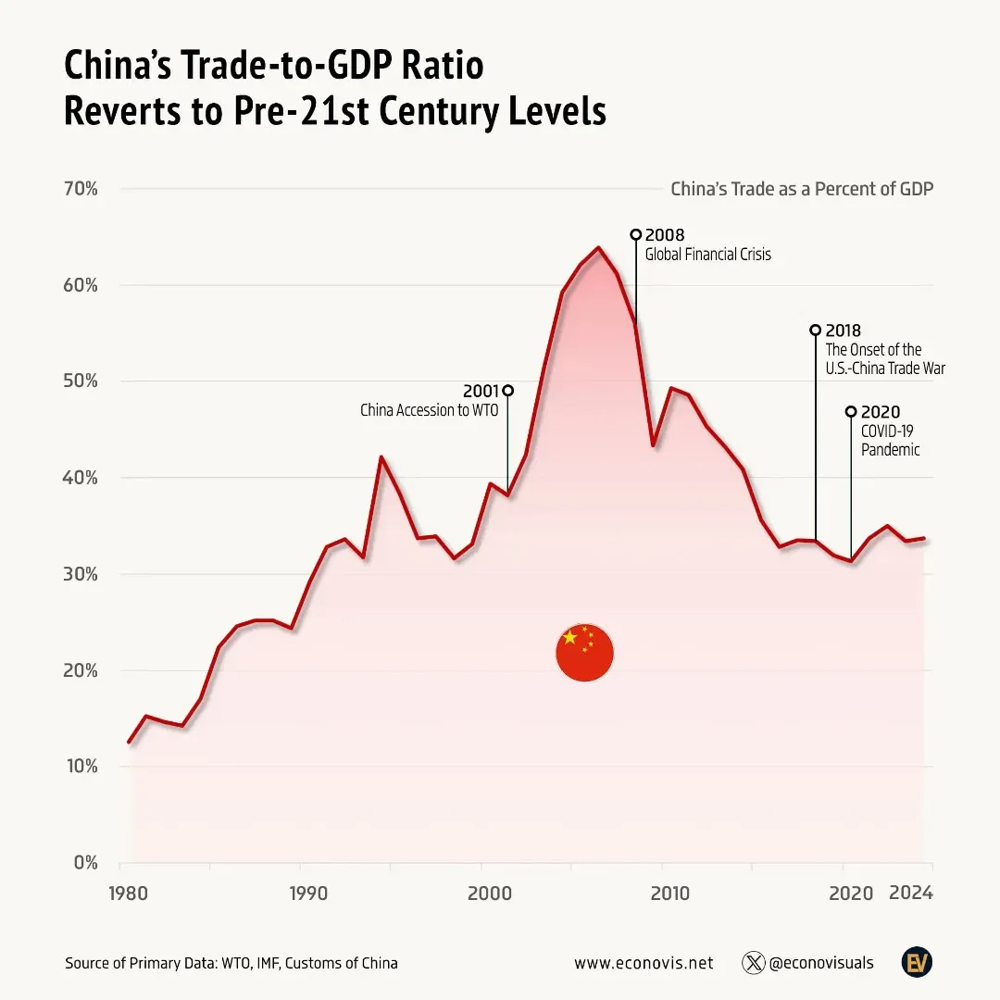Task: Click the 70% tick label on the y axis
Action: coord(81,189)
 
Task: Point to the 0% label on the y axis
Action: coord(86,863)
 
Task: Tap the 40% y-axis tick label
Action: coord(81,478)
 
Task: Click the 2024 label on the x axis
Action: coord(910,894)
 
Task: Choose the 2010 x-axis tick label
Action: coord(669,894)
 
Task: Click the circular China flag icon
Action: coord(584,653)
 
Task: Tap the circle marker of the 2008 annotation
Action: coord(635,235)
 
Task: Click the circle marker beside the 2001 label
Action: coord(507,390)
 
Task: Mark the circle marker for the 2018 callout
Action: coord(816,330)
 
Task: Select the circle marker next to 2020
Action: coord(851,412)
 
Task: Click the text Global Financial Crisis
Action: coord(707,255)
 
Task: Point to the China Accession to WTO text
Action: coord(429,410)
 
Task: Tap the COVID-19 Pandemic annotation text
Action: coord(891,441)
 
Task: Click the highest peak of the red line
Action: coord(598,247)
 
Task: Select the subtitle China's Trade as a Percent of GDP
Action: coord(801,189)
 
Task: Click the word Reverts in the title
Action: coord(123,112)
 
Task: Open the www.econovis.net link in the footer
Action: coord(644,963)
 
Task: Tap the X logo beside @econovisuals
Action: coord(753,963)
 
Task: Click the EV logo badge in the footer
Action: coord(917,962)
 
